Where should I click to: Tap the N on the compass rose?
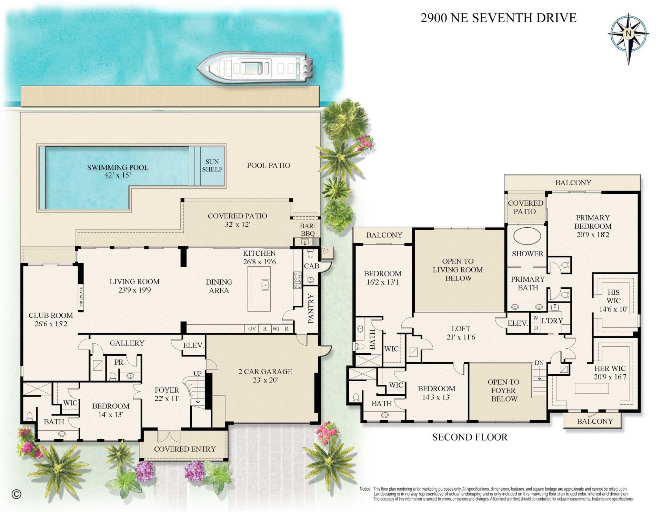pyautogui.click(x=629, y=34)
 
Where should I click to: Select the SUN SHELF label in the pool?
pyautogui.click(x=212, y=166)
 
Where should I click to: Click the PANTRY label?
pyautogui.click(x=311, y=308)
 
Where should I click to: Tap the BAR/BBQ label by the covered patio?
pyautogui.click(x=308, y=230)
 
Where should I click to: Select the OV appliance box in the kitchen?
pyautogui.click(x=252, y=329)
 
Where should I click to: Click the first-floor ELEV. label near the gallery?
pyautogui.click(x=193, y=345)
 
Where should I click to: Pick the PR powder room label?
pyautogui.click(x=119, y=362)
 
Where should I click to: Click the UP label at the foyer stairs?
pyautogui.click(x=197, y=374)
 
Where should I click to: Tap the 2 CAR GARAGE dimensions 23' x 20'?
pyautogui.click(x=265, y=381)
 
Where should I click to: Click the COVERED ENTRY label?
pyautogui.click(x=185, y=449)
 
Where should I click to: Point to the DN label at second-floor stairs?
pyautogui.click(x=539, y=363)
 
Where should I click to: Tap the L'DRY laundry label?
pyautogui.click(x=552, y=321)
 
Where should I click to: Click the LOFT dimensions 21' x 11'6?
pyautogui.click(x=461, y=337)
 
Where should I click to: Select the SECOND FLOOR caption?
pyautogui.click(x=470, y=437)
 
